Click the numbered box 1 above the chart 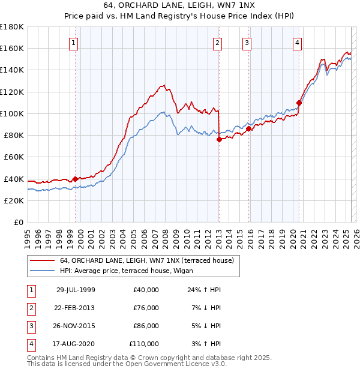(73, 43)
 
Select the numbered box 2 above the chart (217, 43)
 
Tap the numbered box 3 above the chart (247, 43)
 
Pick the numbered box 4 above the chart (297, 43)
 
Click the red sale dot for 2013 (219, 139)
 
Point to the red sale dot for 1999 (76, 178)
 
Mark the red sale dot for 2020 (299, 103)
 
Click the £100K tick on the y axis (12, 113)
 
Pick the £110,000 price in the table (144, 344)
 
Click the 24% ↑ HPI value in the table (204, 289)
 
